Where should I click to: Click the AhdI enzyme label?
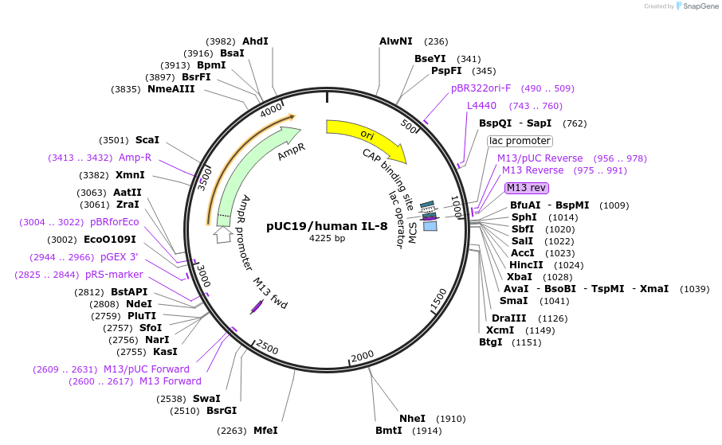[x=256, y=41]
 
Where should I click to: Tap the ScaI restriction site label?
[x=147, y=139]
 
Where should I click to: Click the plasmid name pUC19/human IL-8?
[x=328, y=225]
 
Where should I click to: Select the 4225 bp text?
[x=328, y=238]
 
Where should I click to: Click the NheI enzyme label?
[x=412, y=418]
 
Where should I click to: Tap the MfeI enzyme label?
[x=265, y=431]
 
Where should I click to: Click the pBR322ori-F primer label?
[x=481, y=88]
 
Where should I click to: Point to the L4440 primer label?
[x=481, y=106]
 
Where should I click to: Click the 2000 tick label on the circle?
[x=362, y=355]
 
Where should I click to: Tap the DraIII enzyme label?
[x=508, y=318]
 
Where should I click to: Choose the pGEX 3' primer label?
[x=120, y=257]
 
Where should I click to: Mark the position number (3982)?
[x=221, y=41]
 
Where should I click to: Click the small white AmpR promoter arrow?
[x=222, y=236]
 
